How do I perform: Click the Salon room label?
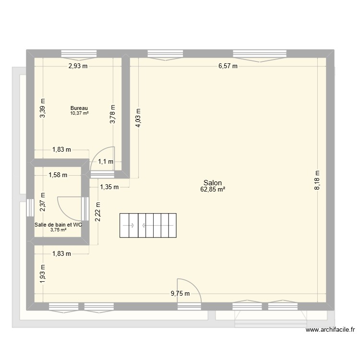coord(212,183)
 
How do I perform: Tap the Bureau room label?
coord(79,108)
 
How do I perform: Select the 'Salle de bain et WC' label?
coord(58,224)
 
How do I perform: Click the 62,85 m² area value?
coord(213,190)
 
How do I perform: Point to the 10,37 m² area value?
coord(79,113)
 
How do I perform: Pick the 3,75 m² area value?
coord(58,229)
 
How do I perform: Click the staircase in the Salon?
coord(148,225)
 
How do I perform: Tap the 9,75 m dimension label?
coord(180,294)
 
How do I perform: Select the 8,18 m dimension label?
coord(317,181)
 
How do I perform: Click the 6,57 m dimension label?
coord(228,66)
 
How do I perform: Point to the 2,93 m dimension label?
coord(78,66)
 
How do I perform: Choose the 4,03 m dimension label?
coord(138,117)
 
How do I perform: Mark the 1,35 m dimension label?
coord(109,187)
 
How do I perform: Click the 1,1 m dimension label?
coord(106,162)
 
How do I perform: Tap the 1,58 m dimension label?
coord(58,175)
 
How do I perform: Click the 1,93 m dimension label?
coord(43,274)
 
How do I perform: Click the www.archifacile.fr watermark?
coord(331,330)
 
